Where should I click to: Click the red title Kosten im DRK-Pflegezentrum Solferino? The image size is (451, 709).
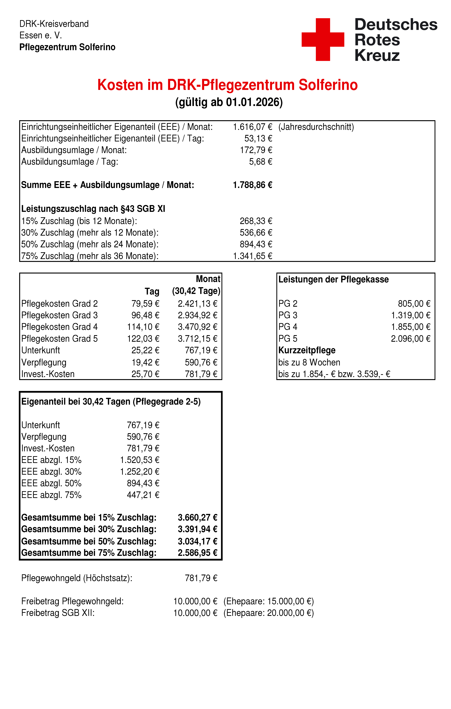click(227, 85)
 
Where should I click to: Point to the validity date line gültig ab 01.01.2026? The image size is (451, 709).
click(229, 102)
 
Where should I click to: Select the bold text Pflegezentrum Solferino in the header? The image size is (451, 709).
click(67, 47)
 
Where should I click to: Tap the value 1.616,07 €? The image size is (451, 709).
click(252, 127)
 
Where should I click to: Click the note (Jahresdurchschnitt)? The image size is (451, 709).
click(316, 127)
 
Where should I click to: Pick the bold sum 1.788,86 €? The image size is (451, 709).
click(252, 185)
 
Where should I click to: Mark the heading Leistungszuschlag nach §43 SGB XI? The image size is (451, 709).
click(93, 209)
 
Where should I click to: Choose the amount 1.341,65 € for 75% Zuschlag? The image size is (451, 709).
click(252, 256)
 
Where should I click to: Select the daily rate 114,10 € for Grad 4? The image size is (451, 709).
click(143, 327)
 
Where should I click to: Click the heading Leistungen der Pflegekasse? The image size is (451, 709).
click(333, 279)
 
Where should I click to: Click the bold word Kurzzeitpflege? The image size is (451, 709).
click(307, 350)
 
